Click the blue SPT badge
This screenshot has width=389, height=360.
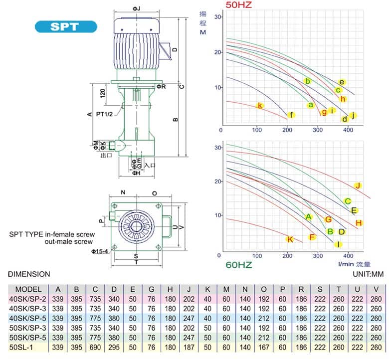[65, 26]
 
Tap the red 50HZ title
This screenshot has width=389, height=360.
[239, 5]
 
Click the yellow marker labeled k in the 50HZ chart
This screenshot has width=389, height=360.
[259, 105]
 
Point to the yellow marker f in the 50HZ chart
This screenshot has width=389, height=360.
[291, 115]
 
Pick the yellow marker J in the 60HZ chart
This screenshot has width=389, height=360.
[358, 185]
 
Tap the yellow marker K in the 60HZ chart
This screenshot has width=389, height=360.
[290, 239]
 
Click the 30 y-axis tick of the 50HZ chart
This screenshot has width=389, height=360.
[217, 16]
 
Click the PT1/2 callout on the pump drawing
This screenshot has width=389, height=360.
[104, 114]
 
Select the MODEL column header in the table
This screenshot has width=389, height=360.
[28, 289]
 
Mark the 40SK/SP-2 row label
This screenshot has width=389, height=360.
[28, 299]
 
